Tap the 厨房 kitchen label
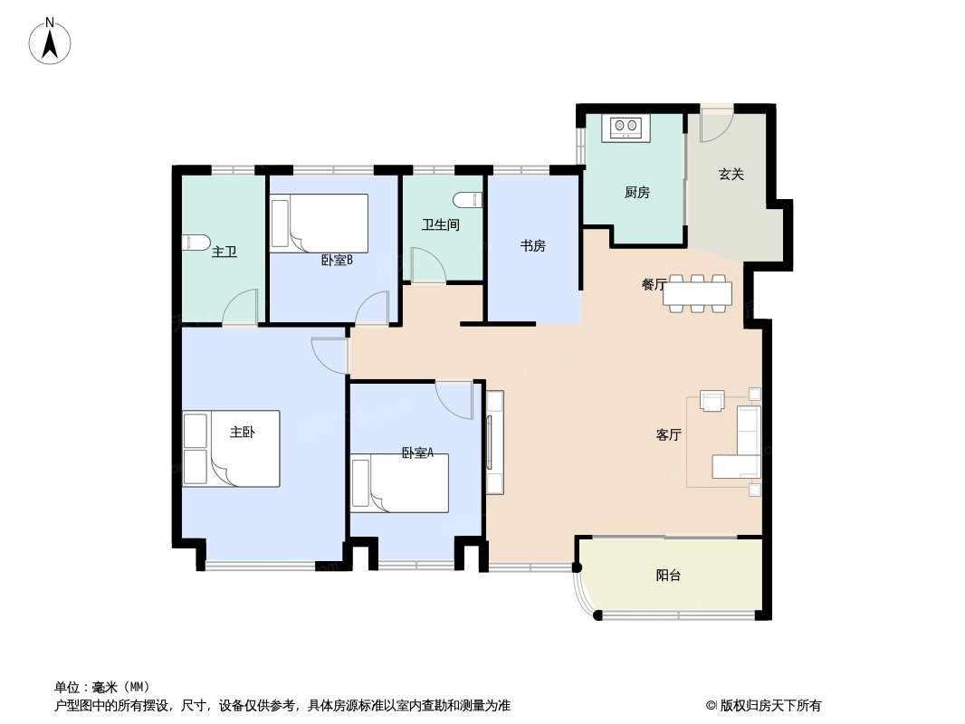pyautogui.click(x=636, y=193)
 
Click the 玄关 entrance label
pyautogui.click(x=731, y=174)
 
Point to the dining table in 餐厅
pyautogui.click(x=697, y=293)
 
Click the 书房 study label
pyautogui.click(x=532, y=245)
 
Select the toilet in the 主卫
pyautogui.click(x=193, y=243)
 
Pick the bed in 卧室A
pyautogui.click(x=400, y=483)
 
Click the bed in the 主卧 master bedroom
pyautogui.click(x=232, y=449)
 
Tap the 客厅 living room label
pyautogui.click(x=668, y=435)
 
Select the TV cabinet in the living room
pyautogui.click(x=494, y=442)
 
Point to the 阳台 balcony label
pyautogui.click(x=668, y=576)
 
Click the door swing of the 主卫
pyautogui.click(x=242, y=308)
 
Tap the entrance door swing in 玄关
pyautogui.click(x=716, y=126)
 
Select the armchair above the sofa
pyautogui.click(x=712, y=400)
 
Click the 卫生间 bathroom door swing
pyautogui.click(x=426, y=264)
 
